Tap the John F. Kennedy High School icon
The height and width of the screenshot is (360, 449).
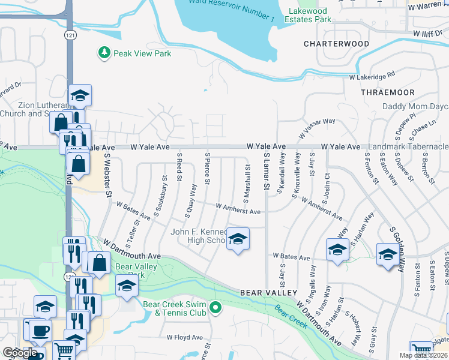238,240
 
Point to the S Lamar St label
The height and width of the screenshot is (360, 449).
265,171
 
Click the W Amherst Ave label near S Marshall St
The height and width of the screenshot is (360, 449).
238,211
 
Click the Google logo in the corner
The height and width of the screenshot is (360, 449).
20,352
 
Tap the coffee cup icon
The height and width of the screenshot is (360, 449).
41,331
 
